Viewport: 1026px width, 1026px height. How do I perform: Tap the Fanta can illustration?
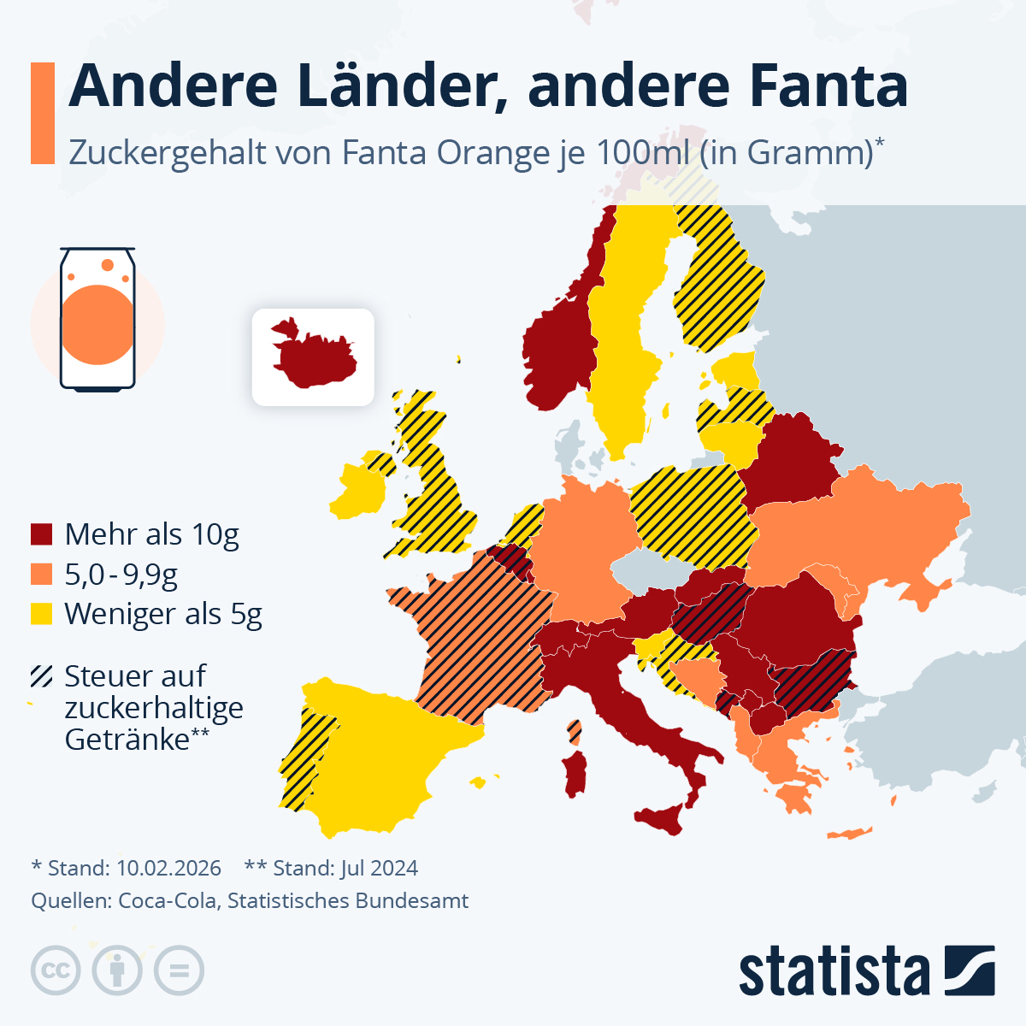[x=97, y=321]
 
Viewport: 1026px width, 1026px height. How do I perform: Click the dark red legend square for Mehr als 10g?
[x=42, y=534]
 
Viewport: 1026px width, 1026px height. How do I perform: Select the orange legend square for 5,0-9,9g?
[x=42, y=574]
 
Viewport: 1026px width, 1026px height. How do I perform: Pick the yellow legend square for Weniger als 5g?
[x=42, y=613]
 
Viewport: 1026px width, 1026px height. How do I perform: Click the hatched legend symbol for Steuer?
[x=42, y=676]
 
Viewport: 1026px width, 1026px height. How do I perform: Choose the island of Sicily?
[x=663, y=819]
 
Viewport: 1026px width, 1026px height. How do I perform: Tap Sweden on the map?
[x=624, y=342]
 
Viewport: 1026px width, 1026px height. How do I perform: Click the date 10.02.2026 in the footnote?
[x=168, y=868]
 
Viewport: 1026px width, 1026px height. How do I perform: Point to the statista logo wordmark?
[x=834, y=971]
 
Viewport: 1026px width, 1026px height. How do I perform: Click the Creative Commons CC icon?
[x=56, y=970]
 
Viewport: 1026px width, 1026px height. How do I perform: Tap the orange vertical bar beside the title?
[x=43, y=113]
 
